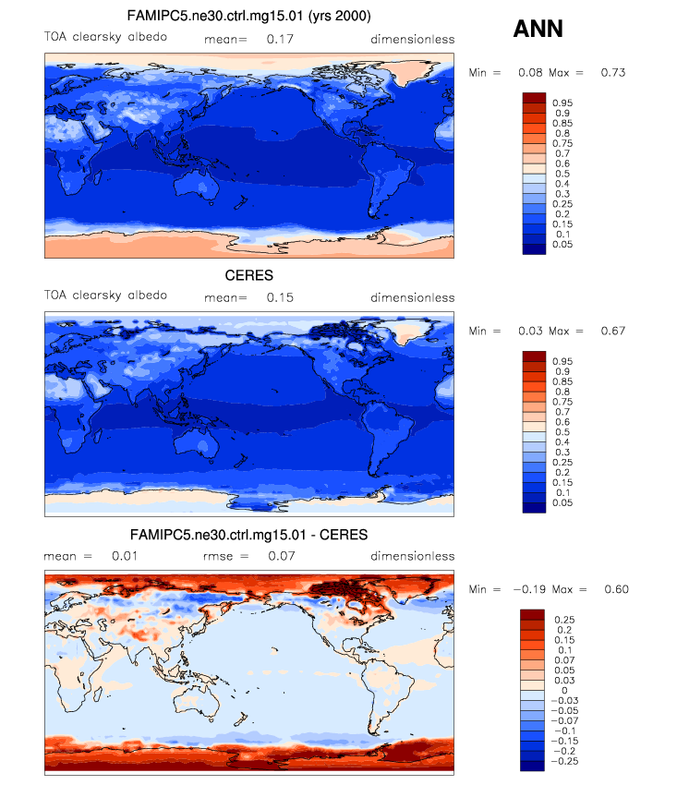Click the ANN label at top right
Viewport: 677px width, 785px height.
click(x=538, y=30)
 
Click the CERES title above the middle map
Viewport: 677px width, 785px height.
click(x=248, y=275)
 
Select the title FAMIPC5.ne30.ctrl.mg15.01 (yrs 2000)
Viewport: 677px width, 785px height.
click(x=248, y=17)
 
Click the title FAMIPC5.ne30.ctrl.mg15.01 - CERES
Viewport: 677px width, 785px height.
click(x=248, y=535)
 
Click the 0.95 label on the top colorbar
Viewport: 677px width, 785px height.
click(x=563, y=103)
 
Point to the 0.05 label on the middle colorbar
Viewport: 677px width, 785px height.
click(x=563, y=503)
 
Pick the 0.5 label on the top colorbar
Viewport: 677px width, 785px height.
click(x=560, y=174)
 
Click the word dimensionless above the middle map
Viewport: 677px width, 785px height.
click(x=412, y=298)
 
